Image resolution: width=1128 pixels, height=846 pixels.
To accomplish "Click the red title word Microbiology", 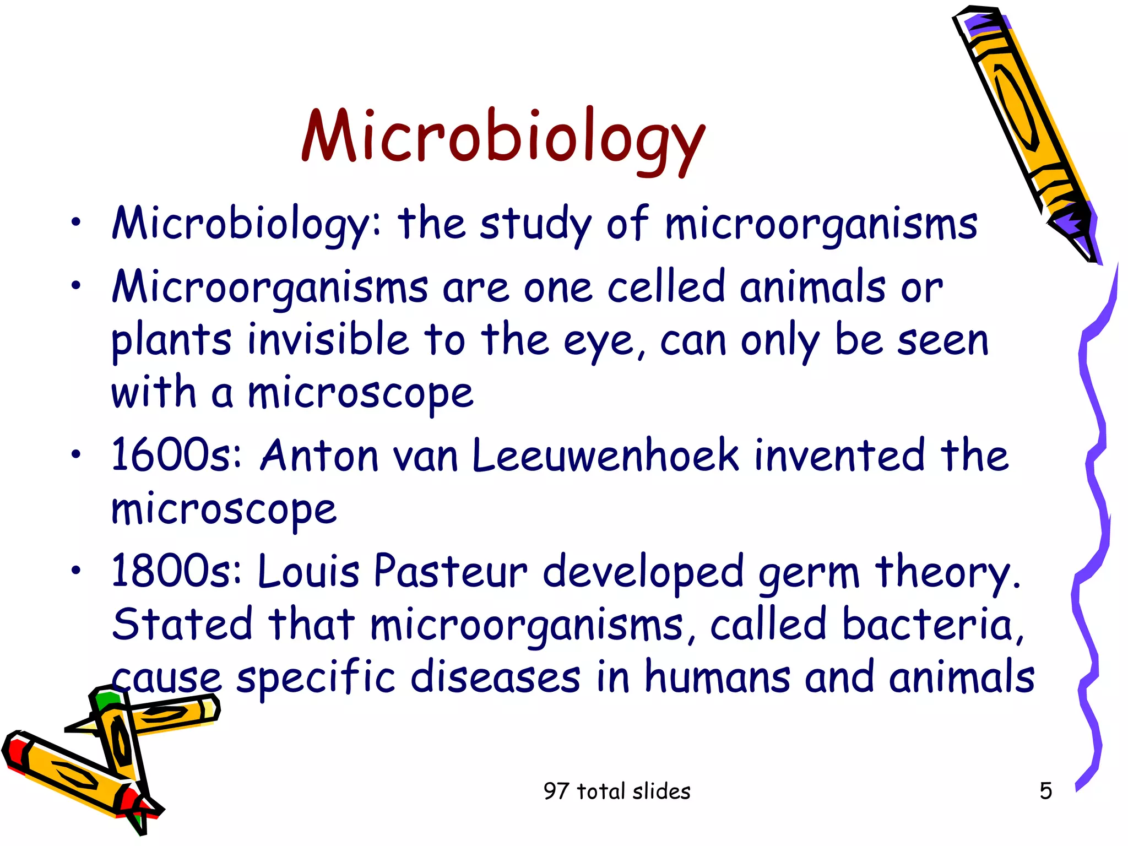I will pyautogui.click(x=503, y=138).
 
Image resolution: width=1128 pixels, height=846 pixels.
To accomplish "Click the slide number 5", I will pyautogui.click(x=1045, y=791).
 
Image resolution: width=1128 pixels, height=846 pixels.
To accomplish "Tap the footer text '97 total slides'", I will pyautogui.click(x=616, y=791).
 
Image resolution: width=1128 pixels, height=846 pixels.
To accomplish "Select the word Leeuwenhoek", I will pyautogui.click(x=605, y=456).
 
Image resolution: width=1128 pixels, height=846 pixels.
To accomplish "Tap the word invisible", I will pyautogui.click(x=328, y=340).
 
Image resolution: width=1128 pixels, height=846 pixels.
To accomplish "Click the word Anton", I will pyautogui.click(x=319, y=456).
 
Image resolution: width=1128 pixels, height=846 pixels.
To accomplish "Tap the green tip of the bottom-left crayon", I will pyautogui.click(x=106, y=698).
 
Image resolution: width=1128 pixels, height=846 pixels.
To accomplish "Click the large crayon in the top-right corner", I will pyautogui.click(x=1019, y=121).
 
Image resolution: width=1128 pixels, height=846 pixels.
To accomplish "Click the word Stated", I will pyautogui.click(x=182, y=625).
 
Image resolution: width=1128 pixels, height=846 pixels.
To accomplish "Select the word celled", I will pyautogui.click(x=665, y=287).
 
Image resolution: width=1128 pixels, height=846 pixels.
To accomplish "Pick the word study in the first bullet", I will pyautogui.click(x=535, y=225).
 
